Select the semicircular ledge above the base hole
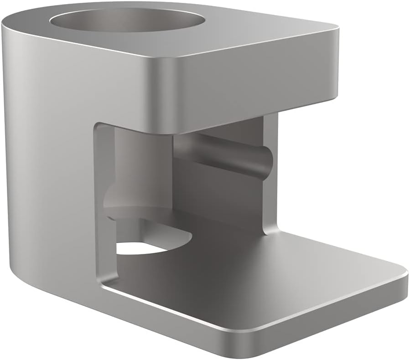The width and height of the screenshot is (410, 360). click(x=137, y=211)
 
